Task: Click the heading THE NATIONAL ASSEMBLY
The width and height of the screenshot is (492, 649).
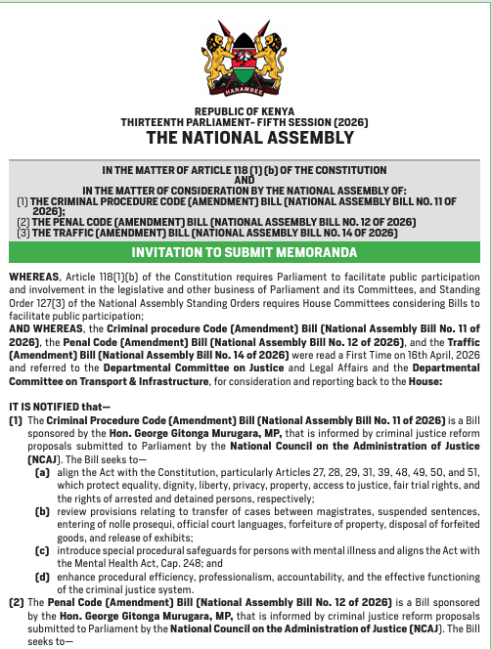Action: [x=246, y=138]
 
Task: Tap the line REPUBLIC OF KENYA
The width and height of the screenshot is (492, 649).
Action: [x=246, y=112]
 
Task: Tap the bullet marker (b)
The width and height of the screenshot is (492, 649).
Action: [x=43, y=510]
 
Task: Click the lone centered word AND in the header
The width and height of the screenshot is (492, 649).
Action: [x=246, y=180]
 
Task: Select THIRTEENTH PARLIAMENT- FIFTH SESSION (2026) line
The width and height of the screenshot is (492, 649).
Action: [x=246, y=123]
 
